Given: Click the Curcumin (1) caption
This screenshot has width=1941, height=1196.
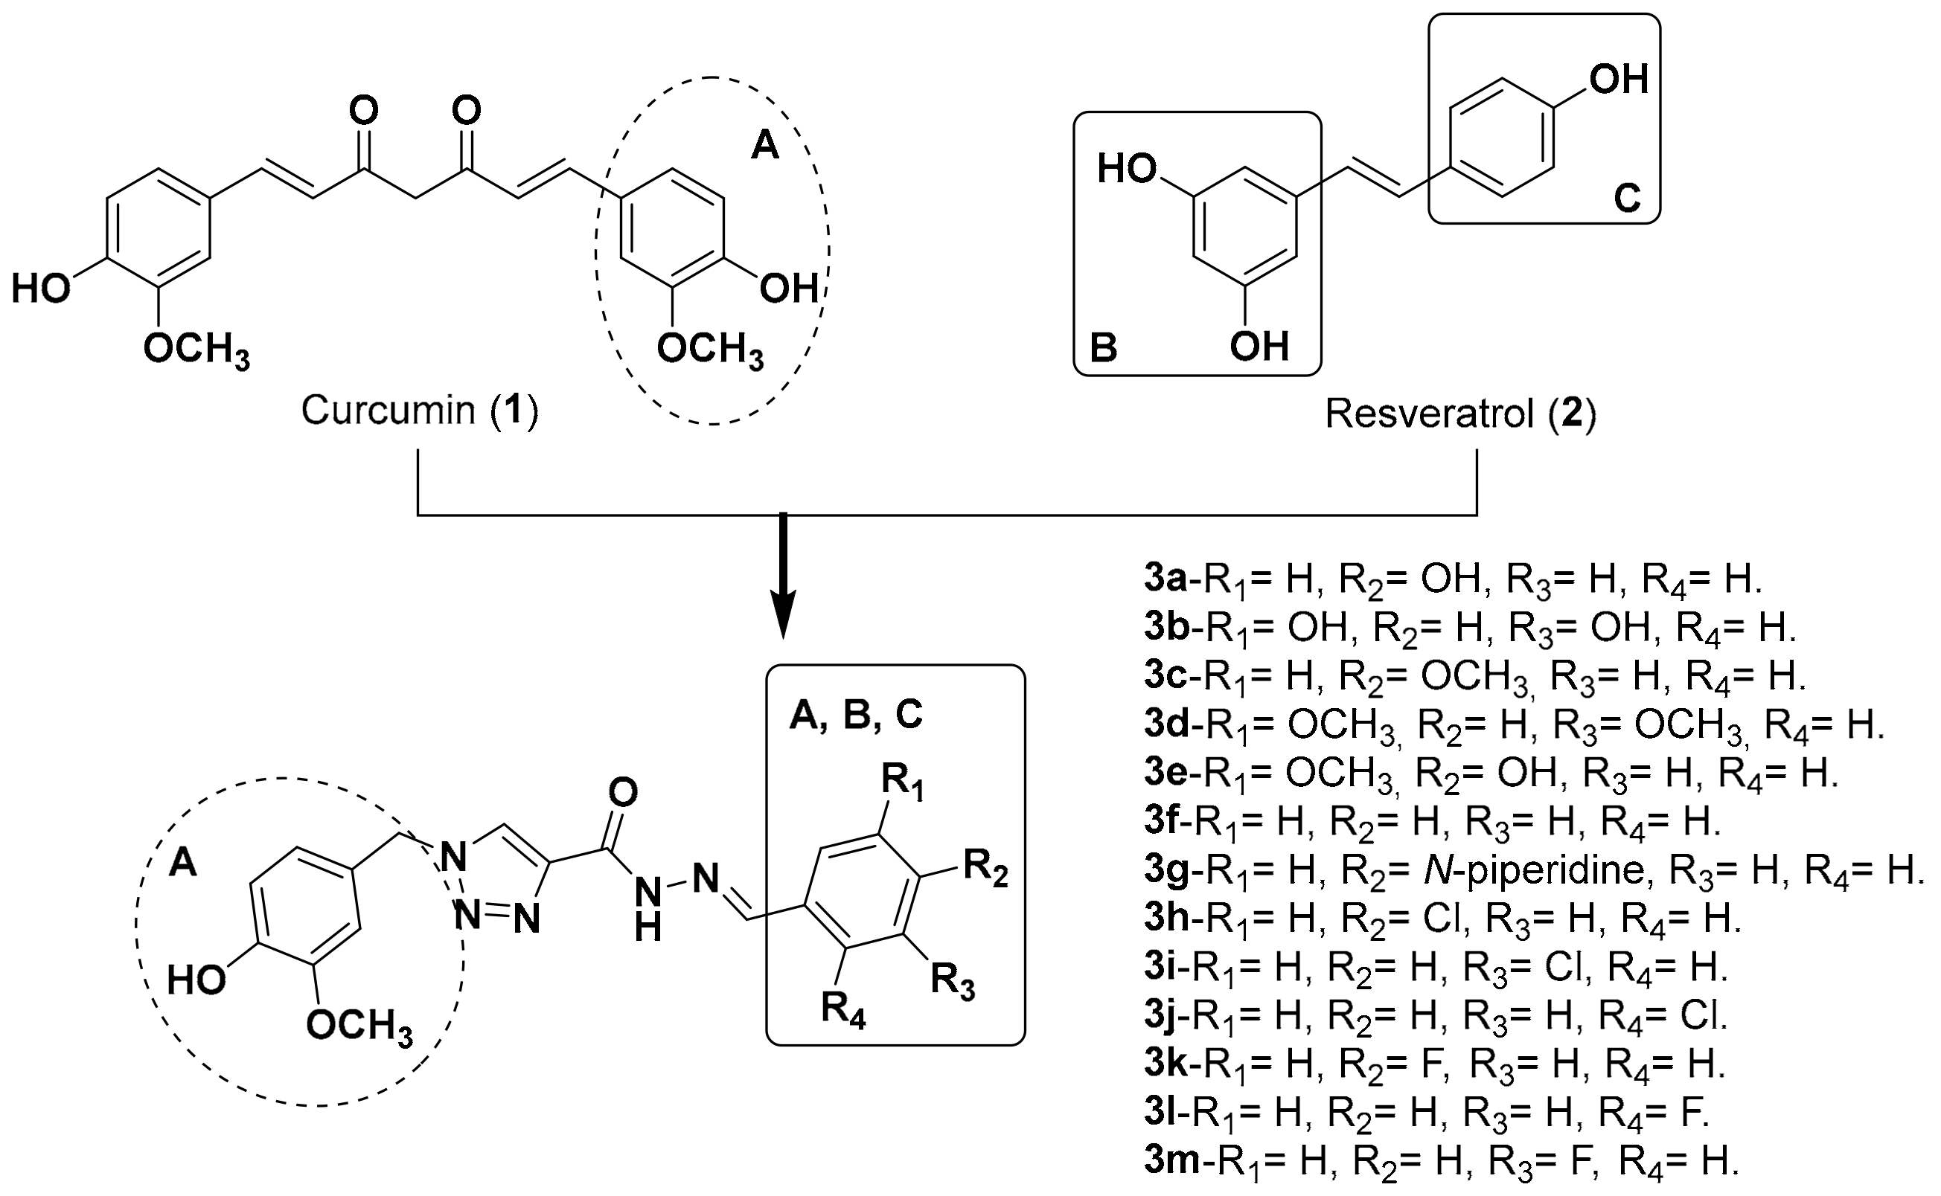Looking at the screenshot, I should pos(419,411).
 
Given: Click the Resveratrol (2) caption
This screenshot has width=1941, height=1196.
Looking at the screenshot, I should pos(1461,414).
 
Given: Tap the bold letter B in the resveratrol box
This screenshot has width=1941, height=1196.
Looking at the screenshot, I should pos(1104,348).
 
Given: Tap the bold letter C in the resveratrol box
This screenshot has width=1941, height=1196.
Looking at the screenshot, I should pos(1627,199).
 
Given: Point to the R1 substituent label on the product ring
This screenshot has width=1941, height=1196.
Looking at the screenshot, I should pos(903,785).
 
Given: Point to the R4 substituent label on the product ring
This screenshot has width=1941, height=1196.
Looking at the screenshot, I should pos(843,1011).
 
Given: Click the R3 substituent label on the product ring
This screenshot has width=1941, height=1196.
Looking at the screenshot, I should pos(952,982).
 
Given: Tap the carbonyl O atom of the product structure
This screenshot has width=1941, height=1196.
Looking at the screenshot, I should pos(624,794).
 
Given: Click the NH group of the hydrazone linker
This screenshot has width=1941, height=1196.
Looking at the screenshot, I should pos(648,909).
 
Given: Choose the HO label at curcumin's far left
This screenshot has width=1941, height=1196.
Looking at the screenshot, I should pos(41,289).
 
